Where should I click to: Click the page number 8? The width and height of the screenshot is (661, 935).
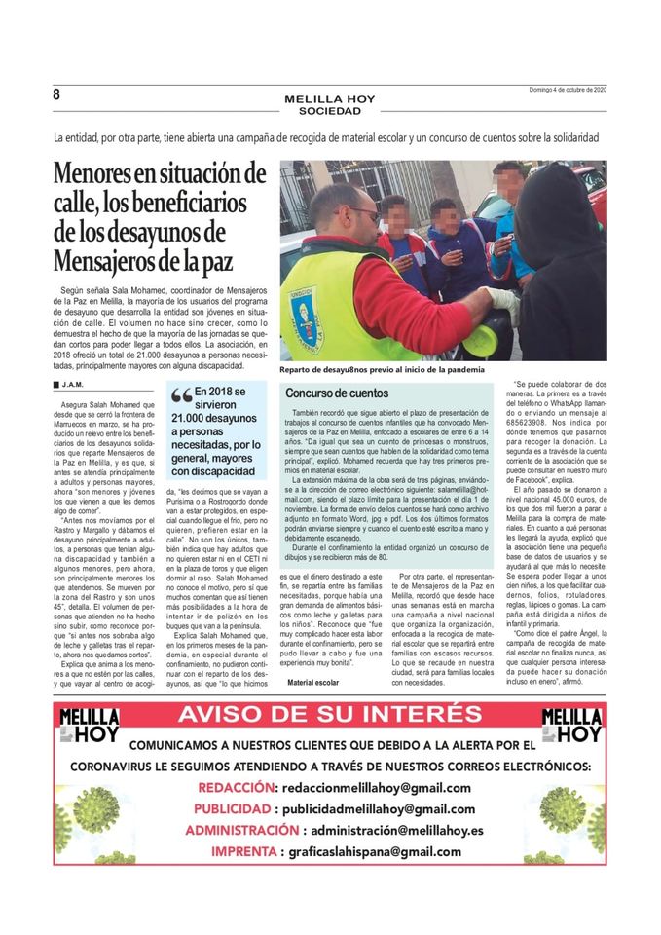click(56, 94)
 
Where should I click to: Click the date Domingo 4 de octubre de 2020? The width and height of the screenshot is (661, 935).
click(563, 91)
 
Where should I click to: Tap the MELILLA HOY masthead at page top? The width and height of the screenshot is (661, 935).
click(329, 99)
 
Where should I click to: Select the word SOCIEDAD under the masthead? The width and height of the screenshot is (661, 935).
click(329, 111)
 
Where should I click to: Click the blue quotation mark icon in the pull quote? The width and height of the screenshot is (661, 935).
click(181, 396)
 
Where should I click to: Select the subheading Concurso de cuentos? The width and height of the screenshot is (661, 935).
click(336, 393)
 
